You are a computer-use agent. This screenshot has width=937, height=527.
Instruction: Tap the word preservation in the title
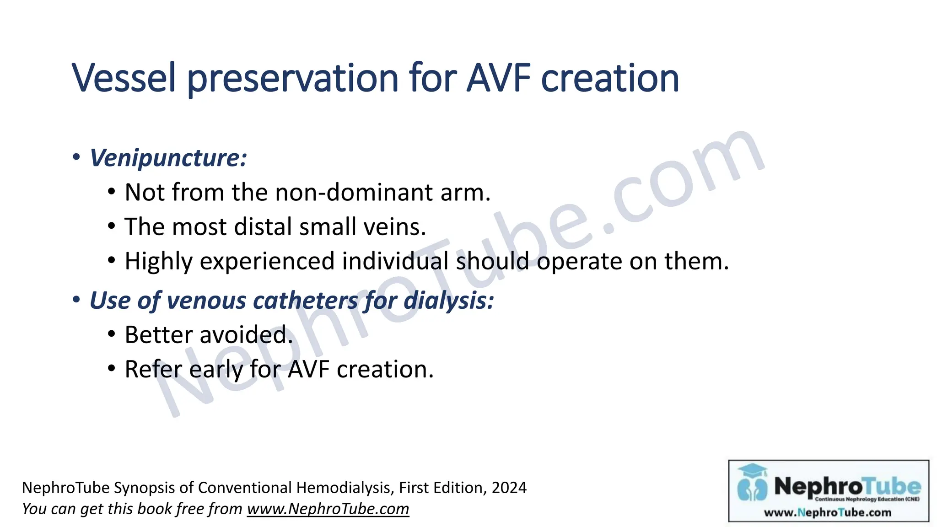coord(293,79)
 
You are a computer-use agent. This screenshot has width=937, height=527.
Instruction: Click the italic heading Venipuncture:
coord(168,158)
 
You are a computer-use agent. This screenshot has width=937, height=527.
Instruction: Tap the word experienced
coord(267,262)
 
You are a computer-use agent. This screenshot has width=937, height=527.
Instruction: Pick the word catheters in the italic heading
coord(305,301)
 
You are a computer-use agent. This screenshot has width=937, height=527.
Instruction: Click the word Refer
coord(153,369)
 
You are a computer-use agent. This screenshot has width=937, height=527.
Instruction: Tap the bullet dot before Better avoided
coord(112,334)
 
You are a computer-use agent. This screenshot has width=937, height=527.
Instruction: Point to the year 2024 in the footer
coord(509,488)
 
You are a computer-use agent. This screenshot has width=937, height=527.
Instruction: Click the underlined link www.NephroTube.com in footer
coord(328,509)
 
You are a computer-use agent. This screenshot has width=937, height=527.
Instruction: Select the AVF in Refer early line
coord(308,369)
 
